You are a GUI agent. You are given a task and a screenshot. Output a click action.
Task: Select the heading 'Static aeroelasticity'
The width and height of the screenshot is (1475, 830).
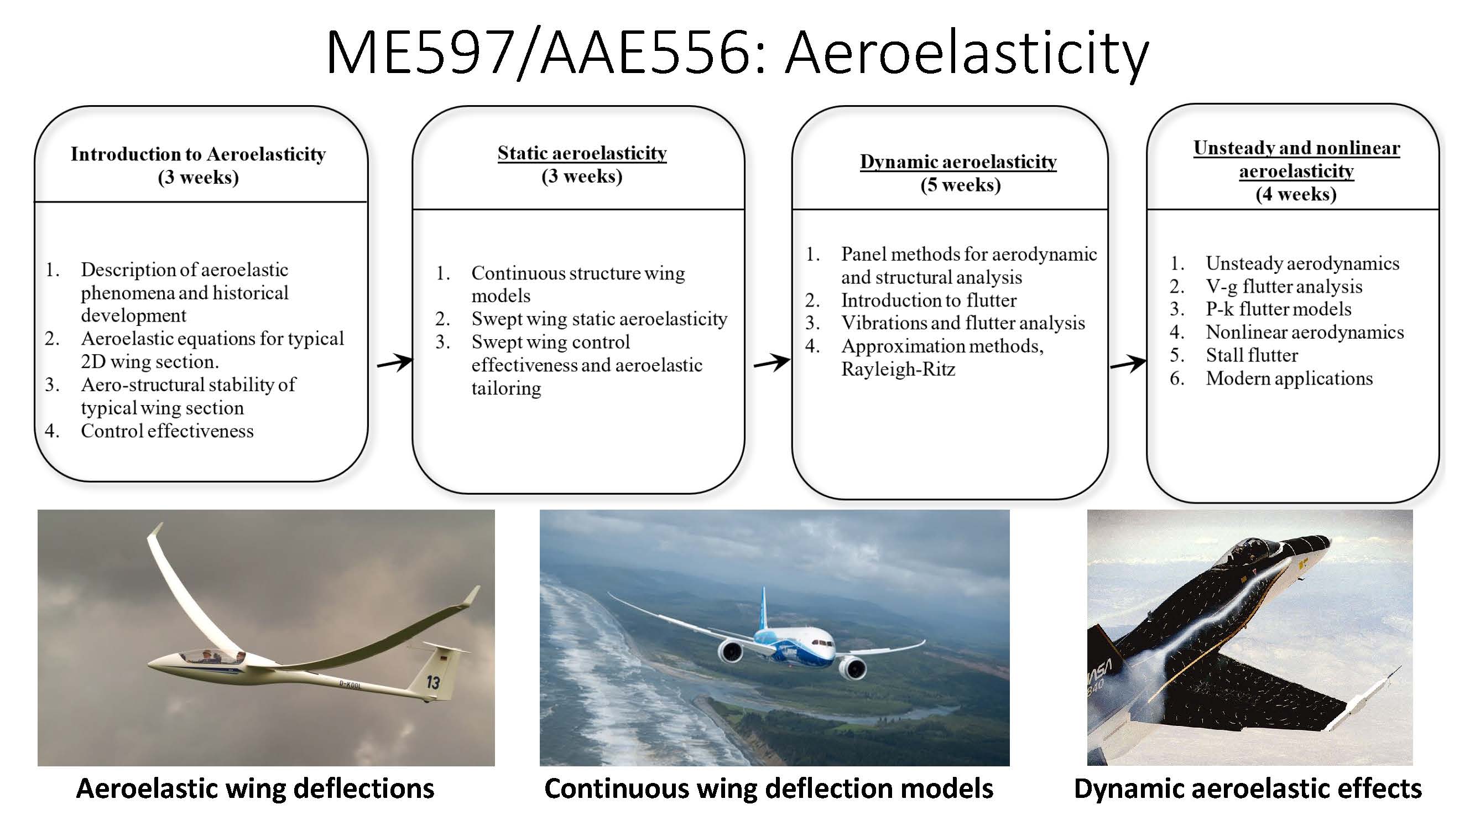pos(582,153)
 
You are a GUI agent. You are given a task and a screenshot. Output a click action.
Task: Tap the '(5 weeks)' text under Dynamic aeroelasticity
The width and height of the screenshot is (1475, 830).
pos(960,185)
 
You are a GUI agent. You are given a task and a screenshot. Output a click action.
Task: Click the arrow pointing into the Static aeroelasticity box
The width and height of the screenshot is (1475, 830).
pos(394,362)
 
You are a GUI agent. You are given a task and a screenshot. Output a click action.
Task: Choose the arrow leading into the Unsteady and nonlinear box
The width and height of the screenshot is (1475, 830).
pos(1128,362)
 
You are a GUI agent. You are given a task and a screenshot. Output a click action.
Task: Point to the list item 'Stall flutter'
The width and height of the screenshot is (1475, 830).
pos(1252,355)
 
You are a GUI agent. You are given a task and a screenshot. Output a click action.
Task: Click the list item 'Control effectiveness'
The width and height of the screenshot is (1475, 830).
pos(166,430)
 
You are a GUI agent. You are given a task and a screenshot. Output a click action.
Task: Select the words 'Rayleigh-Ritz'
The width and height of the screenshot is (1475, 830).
pos(898,369)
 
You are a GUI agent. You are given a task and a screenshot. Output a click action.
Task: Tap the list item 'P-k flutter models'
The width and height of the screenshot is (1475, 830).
pos(1278,309)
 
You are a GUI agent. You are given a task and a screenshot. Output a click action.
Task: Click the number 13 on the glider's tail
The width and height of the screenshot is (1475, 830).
pos(433,682)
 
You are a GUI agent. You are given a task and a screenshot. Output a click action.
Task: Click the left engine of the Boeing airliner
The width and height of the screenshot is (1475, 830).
pos(731,651)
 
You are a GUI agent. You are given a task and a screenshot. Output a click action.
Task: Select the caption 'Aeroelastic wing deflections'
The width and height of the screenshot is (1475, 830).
pos(255,788)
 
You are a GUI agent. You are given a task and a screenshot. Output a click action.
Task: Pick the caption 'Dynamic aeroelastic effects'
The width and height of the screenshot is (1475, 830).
pos(1247,788)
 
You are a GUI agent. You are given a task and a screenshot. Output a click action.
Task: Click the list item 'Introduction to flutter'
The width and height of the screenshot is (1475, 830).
pos(928,300)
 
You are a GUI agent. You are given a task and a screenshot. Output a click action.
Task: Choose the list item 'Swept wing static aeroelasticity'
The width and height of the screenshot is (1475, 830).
pos(599,319)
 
